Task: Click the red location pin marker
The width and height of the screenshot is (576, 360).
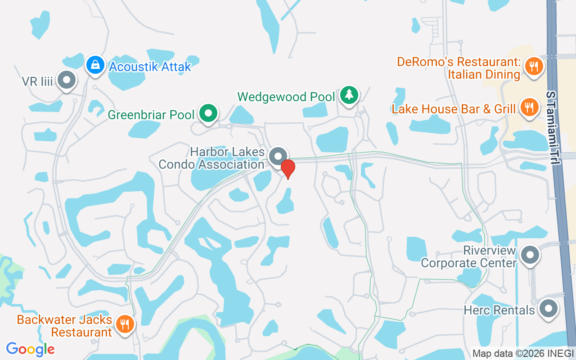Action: point(288,168)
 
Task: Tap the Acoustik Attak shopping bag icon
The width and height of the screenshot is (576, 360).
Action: point(95,65)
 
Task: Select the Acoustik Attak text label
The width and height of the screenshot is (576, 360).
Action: point(150,67)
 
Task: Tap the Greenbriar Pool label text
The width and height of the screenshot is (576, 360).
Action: point(151,115)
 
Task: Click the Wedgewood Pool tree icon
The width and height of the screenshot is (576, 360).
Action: point(349,94)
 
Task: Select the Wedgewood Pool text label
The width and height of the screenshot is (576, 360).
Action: point(286,97)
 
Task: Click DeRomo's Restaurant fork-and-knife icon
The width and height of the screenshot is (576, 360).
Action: point(533,67)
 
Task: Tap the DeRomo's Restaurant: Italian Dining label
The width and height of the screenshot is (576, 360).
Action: point(459,68)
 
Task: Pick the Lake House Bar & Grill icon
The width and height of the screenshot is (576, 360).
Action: point(530,107)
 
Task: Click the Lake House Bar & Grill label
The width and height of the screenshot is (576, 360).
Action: point(454,109)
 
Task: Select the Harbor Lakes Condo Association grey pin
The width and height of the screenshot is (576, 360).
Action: point(278,156)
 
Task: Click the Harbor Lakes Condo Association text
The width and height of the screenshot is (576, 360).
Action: point(211,158)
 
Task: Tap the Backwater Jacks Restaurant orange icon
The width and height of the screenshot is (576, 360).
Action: point(125,324)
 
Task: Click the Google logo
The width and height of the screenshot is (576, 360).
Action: point(30,349)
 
